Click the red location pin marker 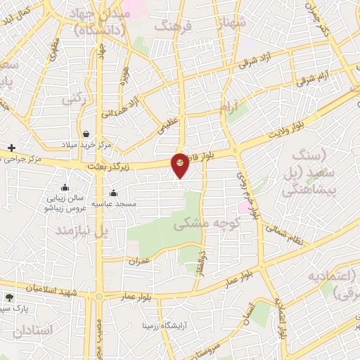[180, 165]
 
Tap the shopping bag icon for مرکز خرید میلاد [86, 134]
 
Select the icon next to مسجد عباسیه [113, 193]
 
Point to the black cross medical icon [11, 148]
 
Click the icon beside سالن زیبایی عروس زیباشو [65, 187]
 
